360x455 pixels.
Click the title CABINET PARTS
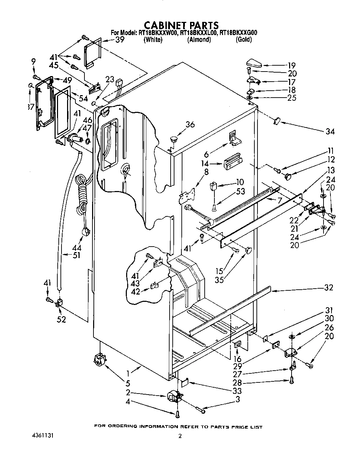pos(181,25)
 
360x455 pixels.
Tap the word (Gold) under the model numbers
pos(244,40)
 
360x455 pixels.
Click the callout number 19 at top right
pos(291,65)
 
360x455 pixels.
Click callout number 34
pos(330,131)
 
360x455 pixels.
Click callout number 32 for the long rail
pos(328,288)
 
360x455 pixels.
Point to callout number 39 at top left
pos(120,40)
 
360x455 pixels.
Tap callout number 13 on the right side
pos(330,170)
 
